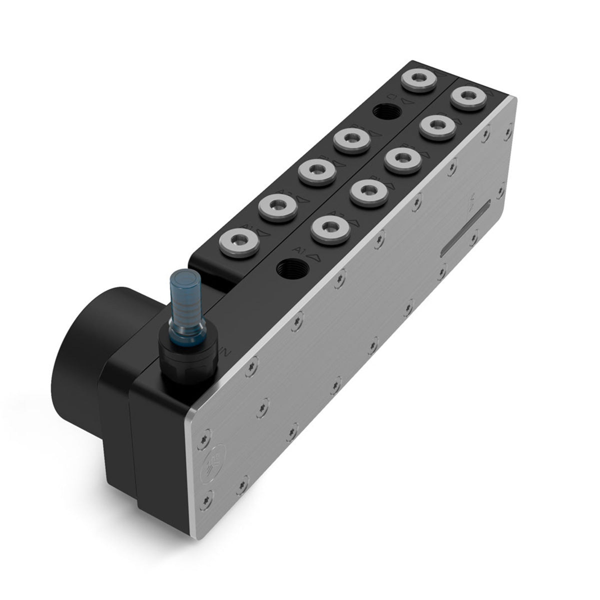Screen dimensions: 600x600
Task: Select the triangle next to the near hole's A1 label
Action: coord(314,255)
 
